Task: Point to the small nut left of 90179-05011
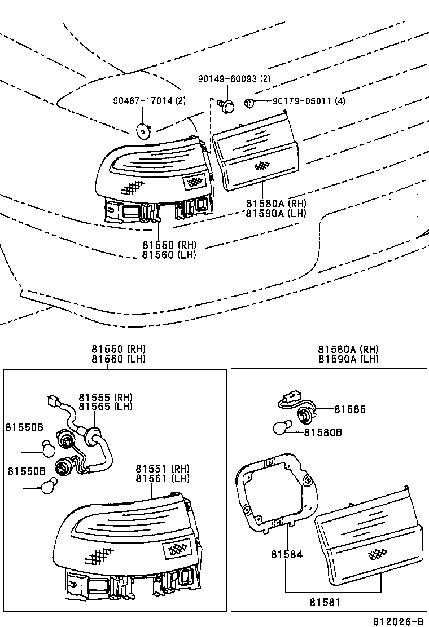point(249,102)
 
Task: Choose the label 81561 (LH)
point(162,478)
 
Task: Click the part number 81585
point(349,409)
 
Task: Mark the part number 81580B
point(323,432)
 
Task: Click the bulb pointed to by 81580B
point(282,429)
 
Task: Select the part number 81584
point(286,555)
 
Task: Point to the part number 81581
point(325,602)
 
